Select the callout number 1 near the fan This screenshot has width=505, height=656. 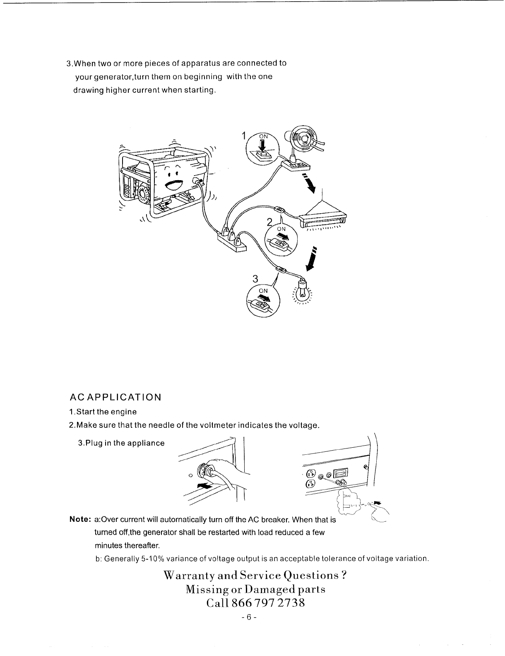[244, 136]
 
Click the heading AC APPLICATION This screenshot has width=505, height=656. [115, 398]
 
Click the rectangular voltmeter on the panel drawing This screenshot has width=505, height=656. [342, 474]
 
